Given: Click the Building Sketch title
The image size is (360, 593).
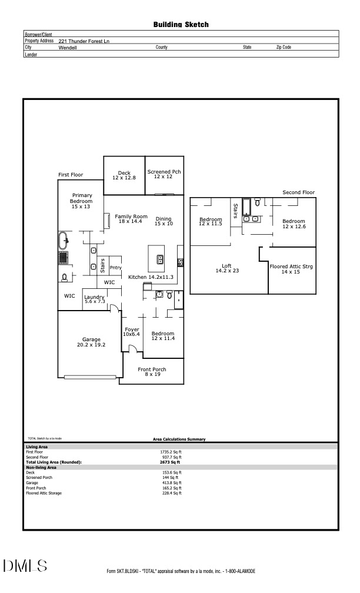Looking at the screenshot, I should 181,25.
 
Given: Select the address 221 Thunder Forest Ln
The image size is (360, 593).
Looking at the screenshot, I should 84,41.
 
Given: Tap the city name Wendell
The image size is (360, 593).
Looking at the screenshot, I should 68,47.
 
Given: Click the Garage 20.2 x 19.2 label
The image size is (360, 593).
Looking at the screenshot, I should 91,342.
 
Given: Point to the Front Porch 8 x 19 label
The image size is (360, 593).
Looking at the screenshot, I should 152,372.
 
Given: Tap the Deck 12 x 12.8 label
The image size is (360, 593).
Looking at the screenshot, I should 124,175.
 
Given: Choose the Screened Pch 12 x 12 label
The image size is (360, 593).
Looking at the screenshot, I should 164,174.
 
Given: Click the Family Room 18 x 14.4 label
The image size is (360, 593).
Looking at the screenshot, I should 131,219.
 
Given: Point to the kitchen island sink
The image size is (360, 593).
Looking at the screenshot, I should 159,259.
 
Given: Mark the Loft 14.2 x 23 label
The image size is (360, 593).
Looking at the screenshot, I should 226,268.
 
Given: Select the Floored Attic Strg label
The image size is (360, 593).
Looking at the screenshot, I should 291,269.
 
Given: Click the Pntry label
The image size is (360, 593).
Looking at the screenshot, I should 115,268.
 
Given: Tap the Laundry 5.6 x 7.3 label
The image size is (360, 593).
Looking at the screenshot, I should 94,299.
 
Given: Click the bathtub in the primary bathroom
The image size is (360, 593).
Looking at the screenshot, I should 63,240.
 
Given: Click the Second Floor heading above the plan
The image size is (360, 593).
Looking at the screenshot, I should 298,192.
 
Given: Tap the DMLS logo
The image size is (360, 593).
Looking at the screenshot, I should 25,566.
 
